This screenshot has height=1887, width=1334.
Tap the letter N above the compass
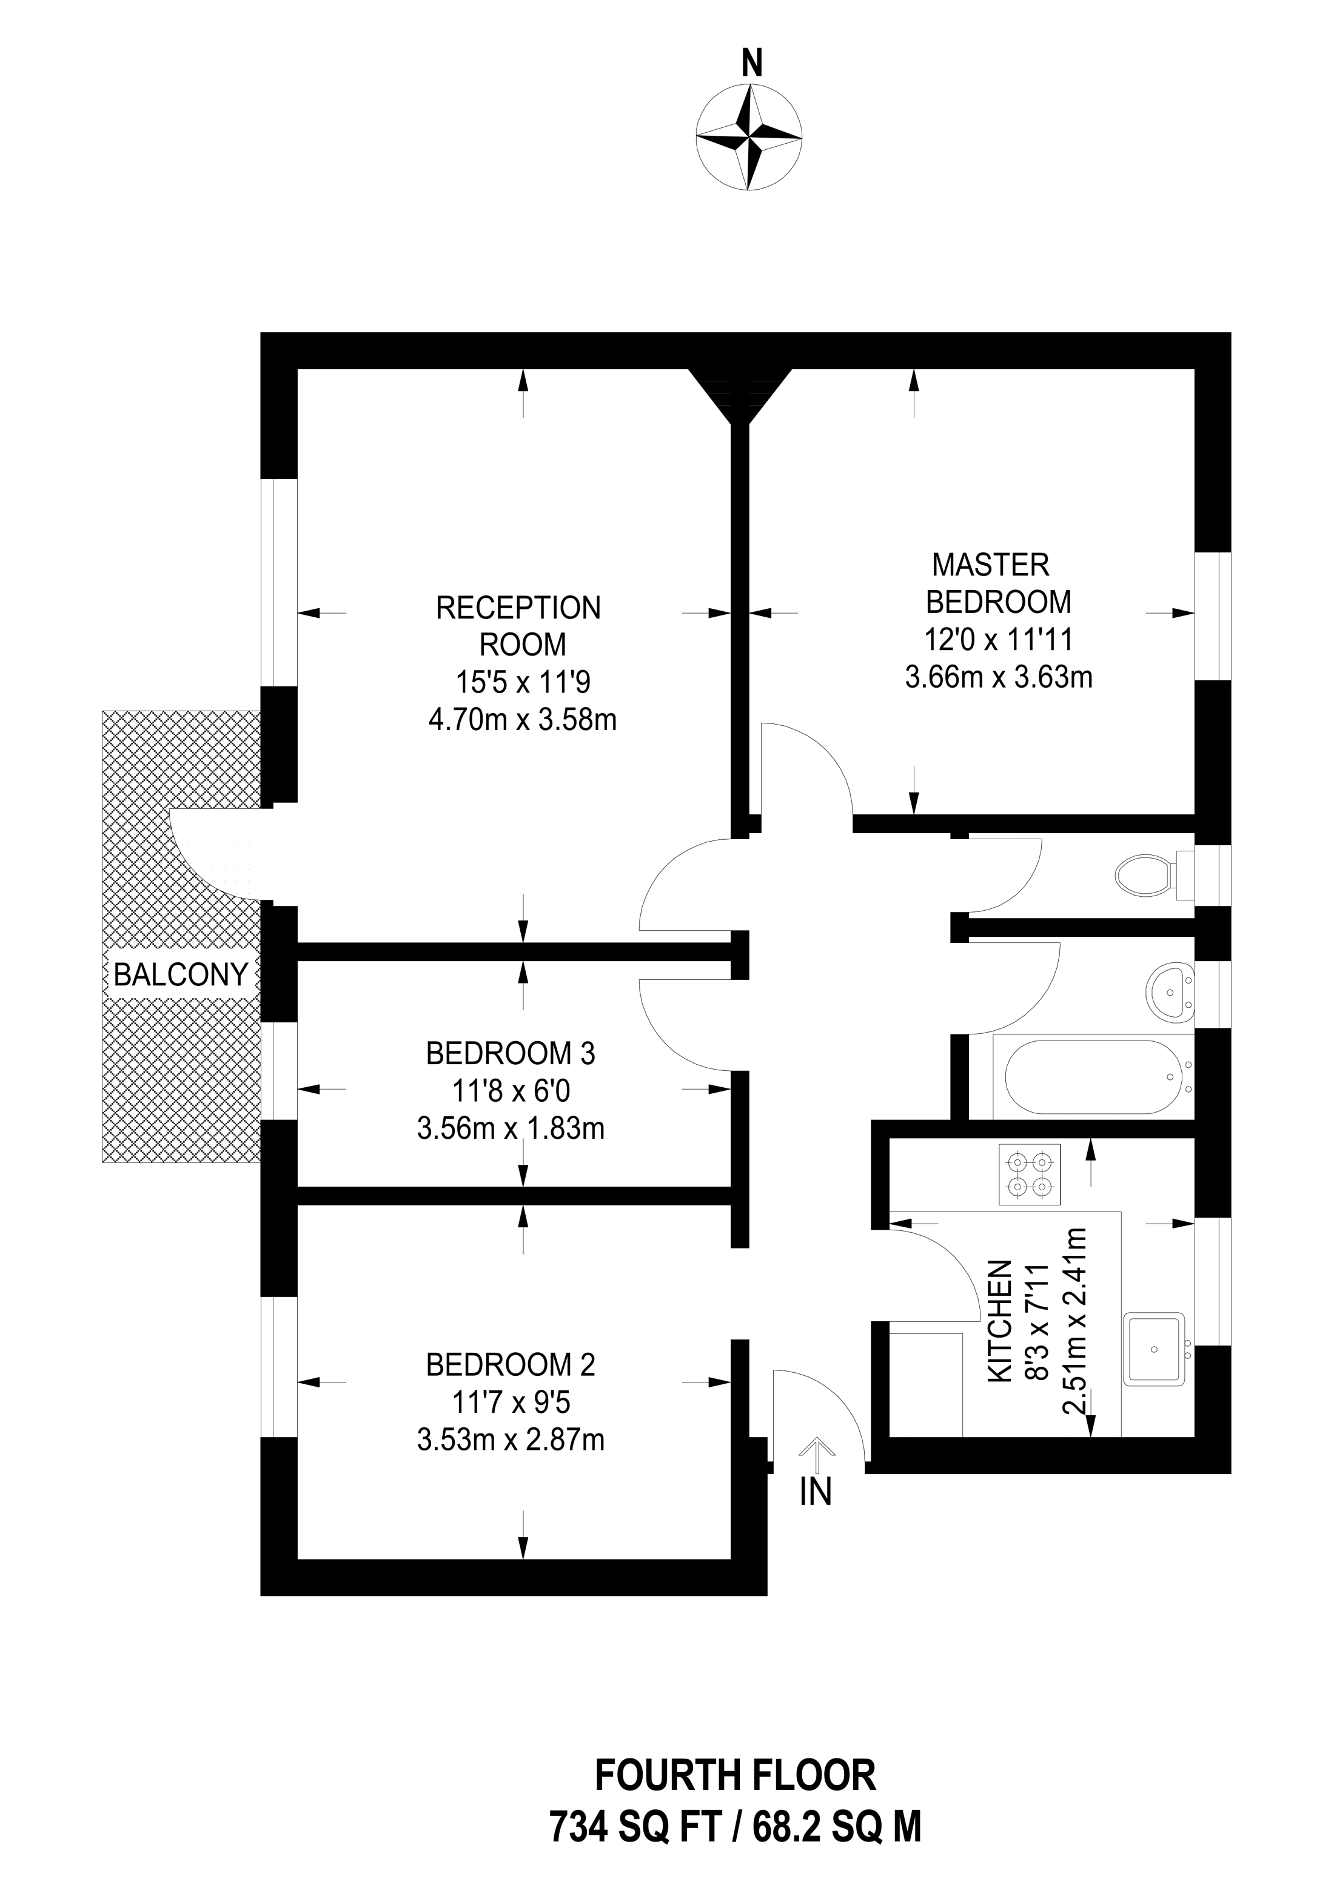(x=751, y=62)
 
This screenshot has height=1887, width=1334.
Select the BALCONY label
(x=181, y=975)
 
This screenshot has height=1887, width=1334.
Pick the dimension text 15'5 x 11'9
(x=523, y=682)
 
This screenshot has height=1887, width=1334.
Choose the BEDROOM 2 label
(x=511, y=1364)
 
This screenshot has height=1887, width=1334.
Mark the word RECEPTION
(x=518, y=608)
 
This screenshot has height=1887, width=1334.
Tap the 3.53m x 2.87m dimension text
(x=511, y=1440)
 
